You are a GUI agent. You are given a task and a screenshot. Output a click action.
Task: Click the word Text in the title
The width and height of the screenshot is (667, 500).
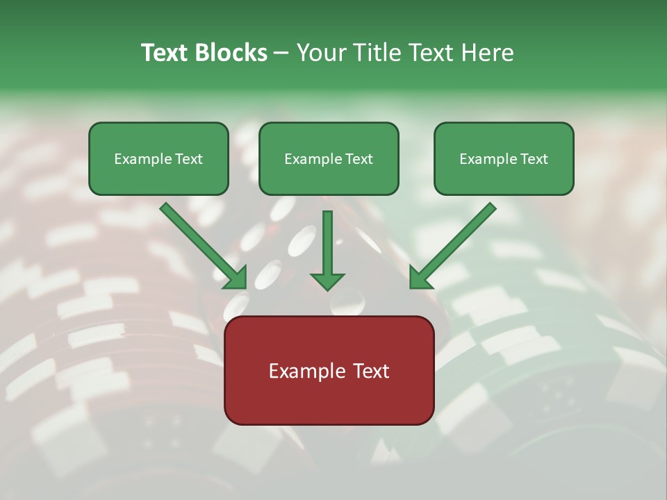tap(165, 53)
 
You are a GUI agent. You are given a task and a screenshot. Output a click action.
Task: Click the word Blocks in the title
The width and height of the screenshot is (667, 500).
tap(231, 53)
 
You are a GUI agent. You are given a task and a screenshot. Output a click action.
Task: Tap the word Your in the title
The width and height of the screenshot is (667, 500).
tap(321, 53)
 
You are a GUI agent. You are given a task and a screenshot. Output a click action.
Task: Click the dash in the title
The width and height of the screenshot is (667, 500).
tap(281, 53)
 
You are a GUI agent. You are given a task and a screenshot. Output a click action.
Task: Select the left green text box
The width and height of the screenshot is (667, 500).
tap(158, 159)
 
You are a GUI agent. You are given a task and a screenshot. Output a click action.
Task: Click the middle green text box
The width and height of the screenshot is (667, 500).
tap(329, 159)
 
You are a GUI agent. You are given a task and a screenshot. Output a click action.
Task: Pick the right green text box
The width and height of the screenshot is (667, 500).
tap(504, 159)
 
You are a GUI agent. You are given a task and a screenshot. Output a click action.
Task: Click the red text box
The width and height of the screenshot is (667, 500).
tap(329, 370)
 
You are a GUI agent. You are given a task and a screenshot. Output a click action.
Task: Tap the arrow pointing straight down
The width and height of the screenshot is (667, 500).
tap(327, 250)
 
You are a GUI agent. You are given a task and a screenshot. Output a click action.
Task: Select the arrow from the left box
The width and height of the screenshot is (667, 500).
tap(203, 246)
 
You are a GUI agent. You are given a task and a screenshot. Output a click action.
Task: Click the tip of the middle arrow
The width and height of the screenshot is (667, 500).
tap(327, 289)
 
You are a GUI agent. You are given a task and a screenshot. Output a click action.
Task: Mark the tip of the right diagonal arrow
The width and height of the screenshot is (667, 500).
tap(411, 287)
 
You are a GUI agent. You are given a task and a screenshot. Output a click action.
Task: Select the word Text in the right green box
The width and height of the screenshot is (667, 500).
tap(534, 159)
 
